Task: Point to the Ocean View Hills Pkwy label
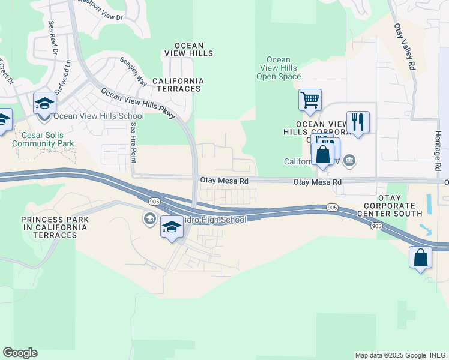point(138,103)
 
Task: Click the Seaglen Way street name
point(133,70)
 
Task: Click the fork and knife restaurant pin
point(358,122)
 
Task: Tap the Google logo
point(20,353)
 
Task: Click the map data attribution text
point(401,355)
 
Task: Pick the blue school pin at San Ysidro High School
point(172,227)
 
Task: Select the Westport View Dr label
point(99,13)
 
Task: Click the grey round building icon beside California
point(351,161)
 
